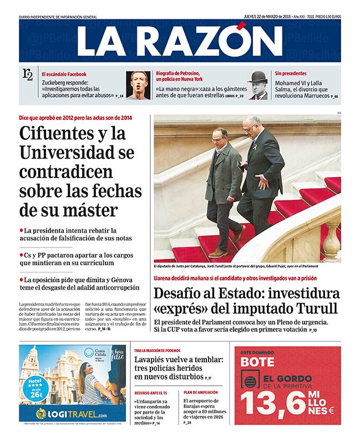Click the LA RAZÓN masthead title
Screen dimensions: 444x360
172,41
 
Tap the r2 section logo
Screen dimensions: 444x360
27,74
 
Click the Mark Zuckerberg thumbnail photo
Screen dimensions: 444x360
138,85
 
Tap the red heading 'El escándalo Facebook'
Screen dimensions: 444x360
64,74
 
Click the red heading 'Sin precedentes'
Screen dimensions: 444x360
291,73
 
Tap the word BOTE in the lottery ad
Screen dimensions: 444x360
258,361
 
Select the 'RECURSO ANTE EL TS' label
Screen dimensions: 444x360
150,392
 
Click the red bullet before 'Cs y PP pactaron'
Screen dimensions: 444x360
21,255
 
